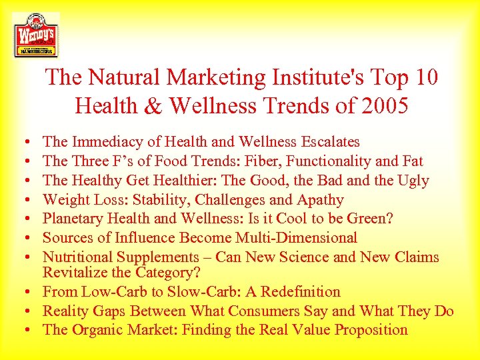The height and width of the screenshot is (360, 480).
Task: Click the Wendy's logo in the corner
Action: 35,34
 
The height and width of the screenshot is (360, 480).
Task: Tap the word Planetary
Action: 74,219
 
